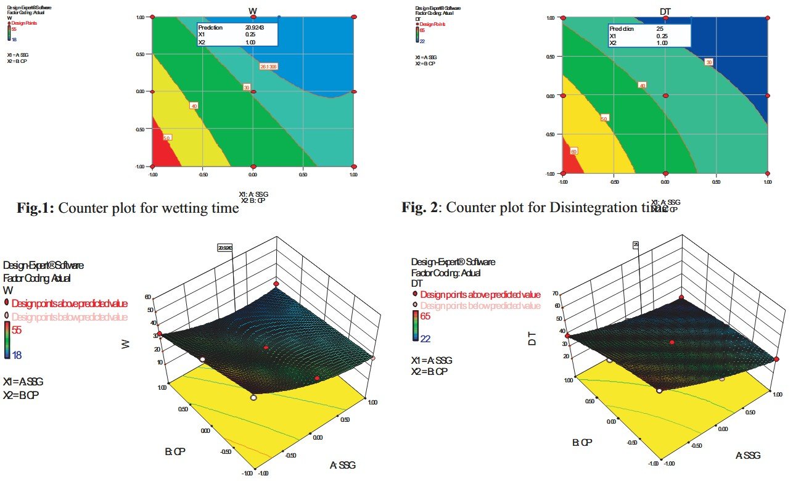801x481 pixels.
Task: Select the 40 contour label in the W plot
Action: pyautogui.click(x=194, y=107)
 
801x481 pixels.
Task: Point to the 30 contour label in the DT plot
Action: pyautogui.click(x=709, y=62)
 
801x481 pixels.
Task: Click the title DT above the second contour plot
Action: pyautogui.click(x=665, y=10)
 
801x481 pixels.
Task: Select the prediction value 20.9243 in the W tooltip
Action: pyautogui.click(x=255, y=28)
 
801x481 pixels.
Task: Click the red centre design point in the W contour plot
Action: pyautogui.click(x=253, y=92)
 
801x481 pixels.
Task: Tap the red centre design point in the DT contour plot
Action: pyautogui.click(x=665, y=95)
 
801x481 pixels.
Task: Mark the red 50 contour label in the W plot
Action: pyautogui.click(x=166, y=138)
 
